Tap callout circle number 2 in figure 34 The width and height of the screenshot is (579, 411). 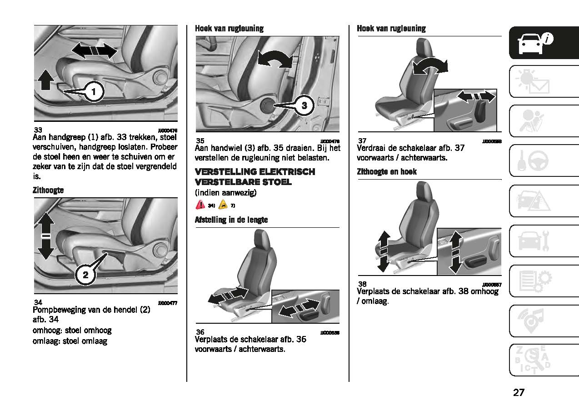(85, 274)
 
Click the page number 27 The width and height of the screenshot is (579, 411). (519, 392)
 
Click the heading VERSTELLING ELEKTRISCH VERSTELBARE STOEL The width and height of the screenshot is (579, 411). (255, 177)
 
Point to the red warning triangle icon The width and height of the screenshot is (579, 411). (200, 205)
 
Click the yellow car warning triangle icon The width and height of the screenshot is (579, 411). (223, 205)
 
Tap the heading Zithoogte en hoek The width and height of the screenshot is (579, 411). (387, 172)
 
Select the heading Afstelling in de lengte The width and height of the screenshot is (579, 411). (231, 220)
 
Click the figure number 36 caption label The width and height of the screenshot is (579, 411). (200, 332)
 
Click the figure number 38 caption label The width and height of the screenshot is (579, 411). (362, 284)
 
